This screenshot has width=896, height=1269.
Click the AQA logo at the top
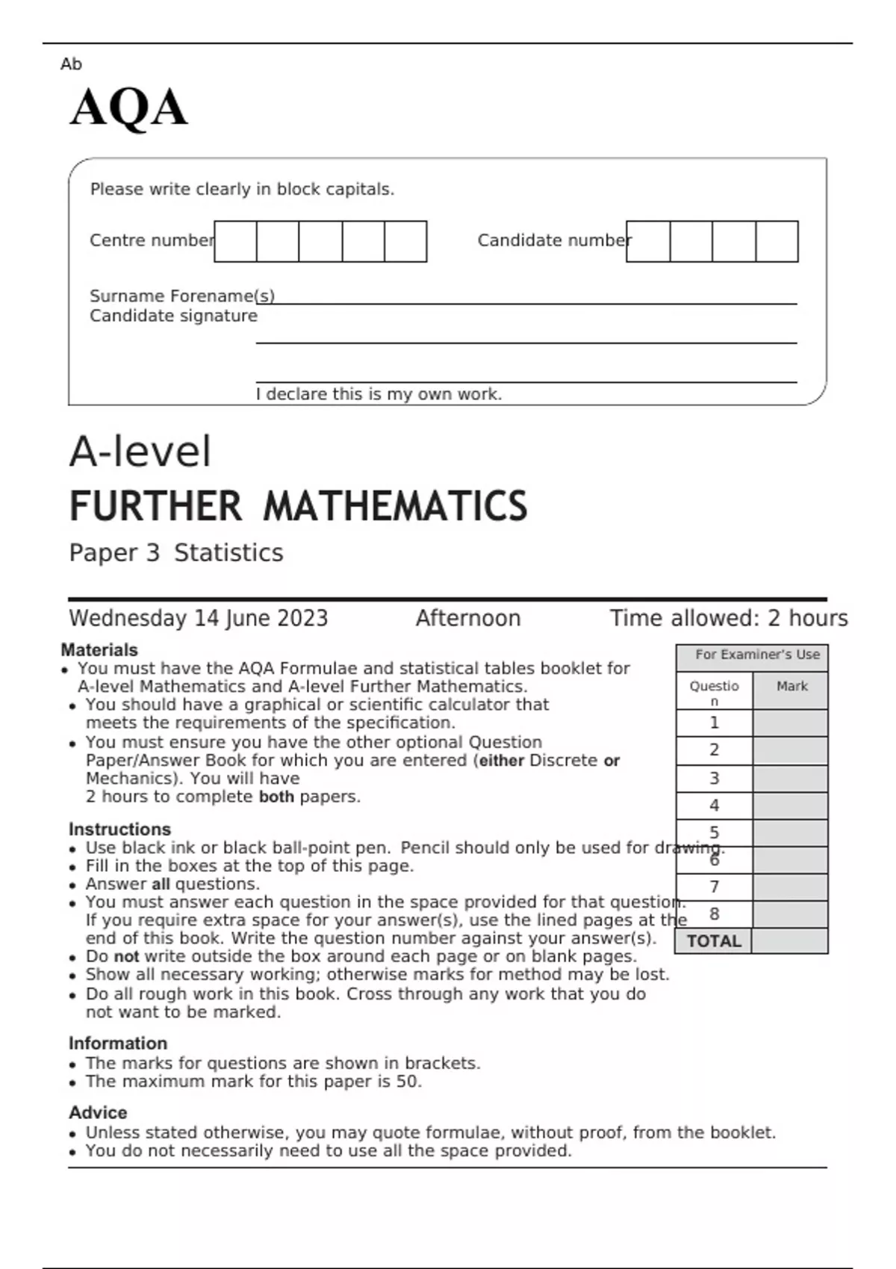point(128,108)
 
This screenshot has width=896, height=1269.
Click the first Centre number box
point(235,241)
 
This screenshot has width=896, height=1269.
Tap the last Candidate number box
point(777,241)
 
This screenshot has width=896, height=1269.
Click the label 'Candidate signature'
point(173,316)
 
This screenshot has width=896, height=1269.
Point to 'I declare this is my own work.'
point(379,394)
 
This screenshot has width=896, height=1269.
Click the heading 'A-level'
point(140,452)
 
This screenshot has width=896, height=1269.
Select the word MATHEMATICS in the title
point(395,506)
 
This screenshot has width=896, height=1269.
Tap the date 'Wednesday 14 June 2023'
point(198,618)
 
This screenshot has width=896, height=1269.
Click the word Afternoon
point(468,618)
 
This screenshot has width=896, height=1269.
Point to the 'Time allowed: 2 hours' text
point(728,618)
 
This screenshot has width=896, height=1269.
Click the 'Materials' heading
point(99,649)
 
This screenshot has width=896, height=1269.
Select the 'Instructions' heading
point(119,829)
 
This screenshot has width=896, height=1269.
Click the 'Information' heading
point(118,1043)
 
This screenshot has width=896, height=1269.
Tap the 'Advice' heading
point(98,1112)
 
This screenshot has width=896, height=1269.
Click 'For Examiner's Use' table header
point(757,655)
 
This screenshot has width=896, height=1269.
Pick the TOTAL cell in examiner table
point(713,941)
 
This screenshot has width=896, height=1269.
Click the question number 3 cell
point(714,778)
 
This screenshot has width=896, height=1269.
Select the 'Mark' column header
point(791,686)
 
